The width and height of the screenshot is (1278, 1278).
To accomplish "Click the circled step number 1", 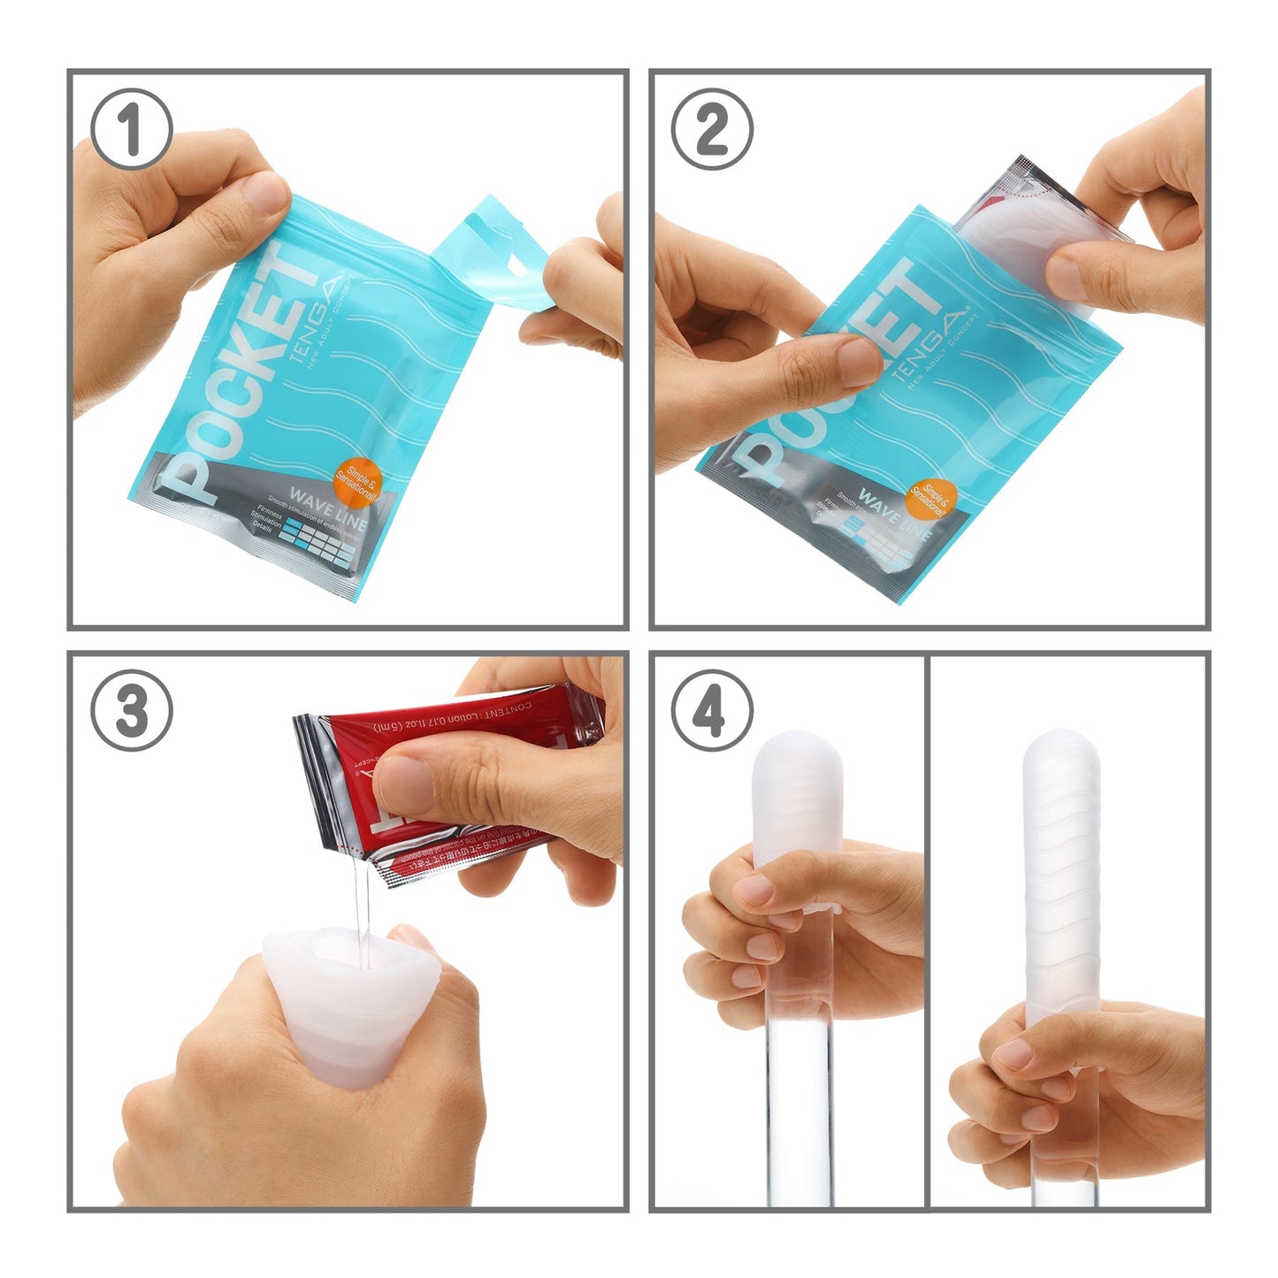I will click(x=132, y=130).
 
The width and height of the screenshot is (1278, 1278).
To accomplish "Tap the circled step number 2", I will click(x=712, y=130).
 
